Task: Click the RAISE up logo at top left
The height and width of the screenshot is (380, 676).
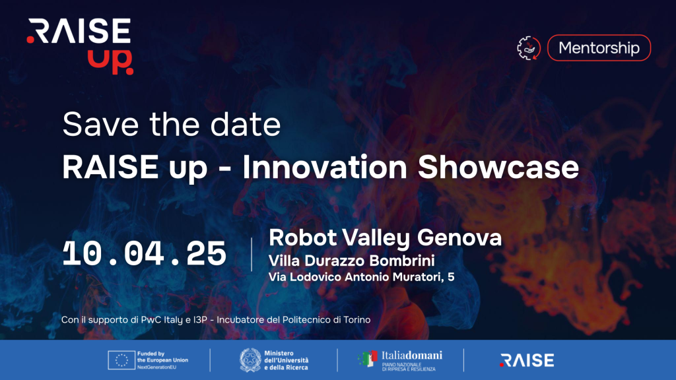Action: pos(80,47)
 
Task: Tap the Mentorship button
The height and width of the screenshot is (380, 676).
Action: pos(599,47)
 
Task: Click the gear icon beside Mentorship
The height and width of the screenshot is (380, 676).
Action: pos(529,47)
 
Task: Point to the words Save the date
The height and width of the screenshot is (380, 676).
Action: pos(172,125)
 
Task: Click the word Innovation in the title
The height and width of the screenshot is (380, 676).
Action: pos(325,167)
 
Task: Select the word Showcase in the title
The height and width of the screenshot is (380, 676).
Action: pos(498,167)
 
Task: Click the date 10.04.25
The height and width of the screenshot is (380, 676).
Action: pos(145,253)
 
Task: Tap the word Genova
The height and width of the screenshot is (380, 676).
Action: pos(459,237)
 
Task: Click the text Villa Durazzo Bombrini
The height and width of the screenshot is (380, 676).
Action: pos(351,261)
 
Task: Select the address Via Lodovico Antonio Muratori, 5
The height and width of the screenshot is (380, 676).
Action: pos(361,276)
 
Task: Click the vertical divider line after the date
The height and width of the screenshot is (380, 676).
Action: pos(252,254)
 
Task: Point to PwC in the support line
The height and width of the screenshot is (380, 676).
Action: pos(151,320)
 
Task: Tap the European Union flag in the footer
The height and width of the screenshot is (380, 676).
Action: pos(121,360)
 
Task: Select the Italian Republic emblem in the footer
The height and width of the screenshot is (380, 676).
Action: pos(250,360)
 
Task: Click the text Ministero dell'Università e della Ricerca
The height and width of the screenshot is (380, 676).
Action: pos(287,360)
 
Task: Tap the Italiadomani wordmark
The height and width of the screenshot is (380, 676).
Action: pos(412,356)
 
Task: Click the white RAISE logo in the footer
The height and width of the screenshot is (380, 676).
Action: pos(527,360)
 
